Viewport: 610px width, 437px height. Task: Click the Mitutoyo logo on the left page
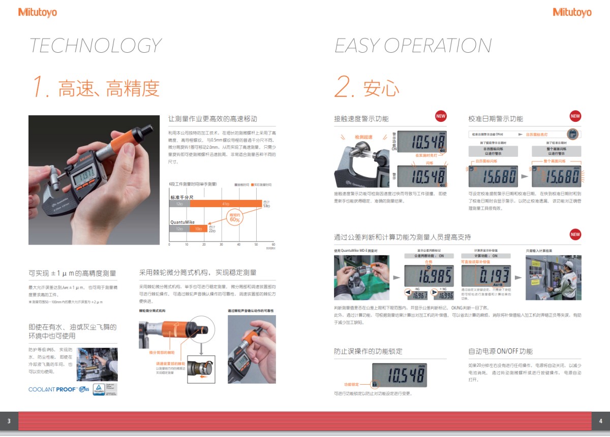coord(38,12)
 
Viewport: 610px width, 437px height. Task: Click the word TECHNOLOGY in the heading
coord(95,46)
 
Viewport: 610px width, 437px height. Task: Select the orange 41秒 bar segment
coord(226,204)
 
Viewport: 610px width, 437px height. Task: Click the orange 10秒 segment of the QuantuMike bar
coord(199,229)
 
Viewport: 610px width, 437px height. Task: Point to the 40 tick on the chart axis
coord(238,245)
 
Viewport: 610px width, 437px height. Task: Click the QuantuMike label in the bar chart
coord(182,222)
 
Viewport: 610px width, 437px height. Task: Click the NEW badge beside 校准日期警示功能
coord(575,116)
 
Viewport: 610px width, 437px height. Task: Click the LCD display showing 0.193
coord(485,276)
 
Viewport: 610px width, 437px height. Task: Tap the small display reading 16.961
coord(419,295)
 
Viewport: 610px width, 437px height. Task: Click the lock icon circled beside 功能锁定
coord(375,384)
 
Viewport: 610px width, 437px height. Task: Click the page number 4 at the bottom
coord(600,421)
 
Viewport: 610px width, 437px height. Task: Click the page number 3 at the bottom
coord(9,421)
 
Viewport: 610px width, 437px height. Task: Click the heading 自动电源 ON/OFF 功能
coord(500,351)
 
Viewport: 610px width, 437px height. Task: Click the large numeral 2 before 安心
coord(345,87)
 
